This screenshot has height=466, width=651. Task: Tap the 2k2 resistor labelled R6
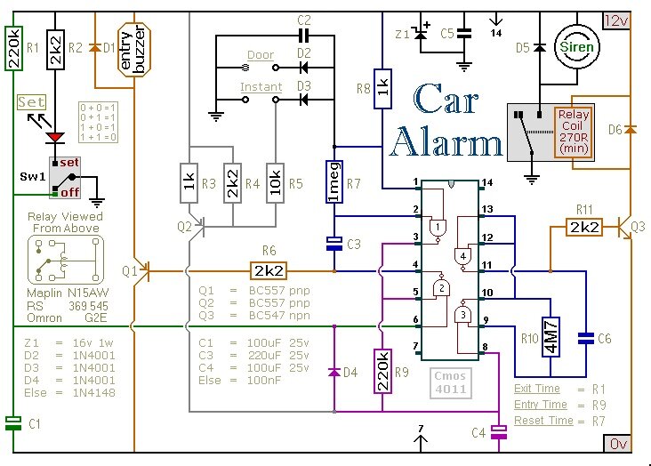point(269,269)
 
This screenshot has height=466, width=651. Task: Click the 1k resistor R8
point(383,88)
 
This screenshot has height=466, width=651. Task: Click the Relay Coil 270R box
point(572,133)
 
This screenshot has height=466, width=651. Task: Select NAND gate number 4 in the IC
point(463,257)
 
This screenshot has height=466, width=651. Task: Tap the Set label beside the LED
point(31,102)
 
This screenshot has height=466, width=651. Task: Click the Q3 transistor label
point(639,226)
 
